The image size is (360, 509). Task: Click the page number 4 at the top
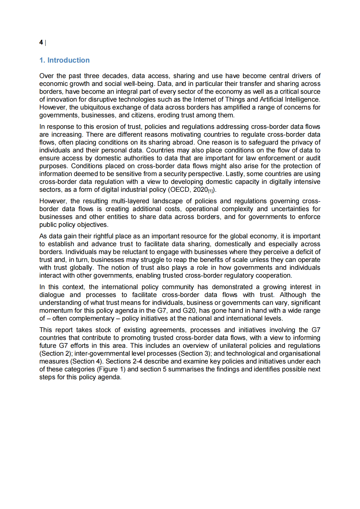(x=41, y=42)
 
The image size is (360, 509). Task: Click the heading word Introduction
(x=68, y=60)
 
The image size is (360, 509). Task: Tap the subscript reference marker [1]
(x=211, y=191)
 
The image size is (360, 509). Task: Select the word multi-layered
(x=130, y=201)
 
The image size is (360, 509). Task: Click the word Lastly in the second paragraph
(x=235, y=174)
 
